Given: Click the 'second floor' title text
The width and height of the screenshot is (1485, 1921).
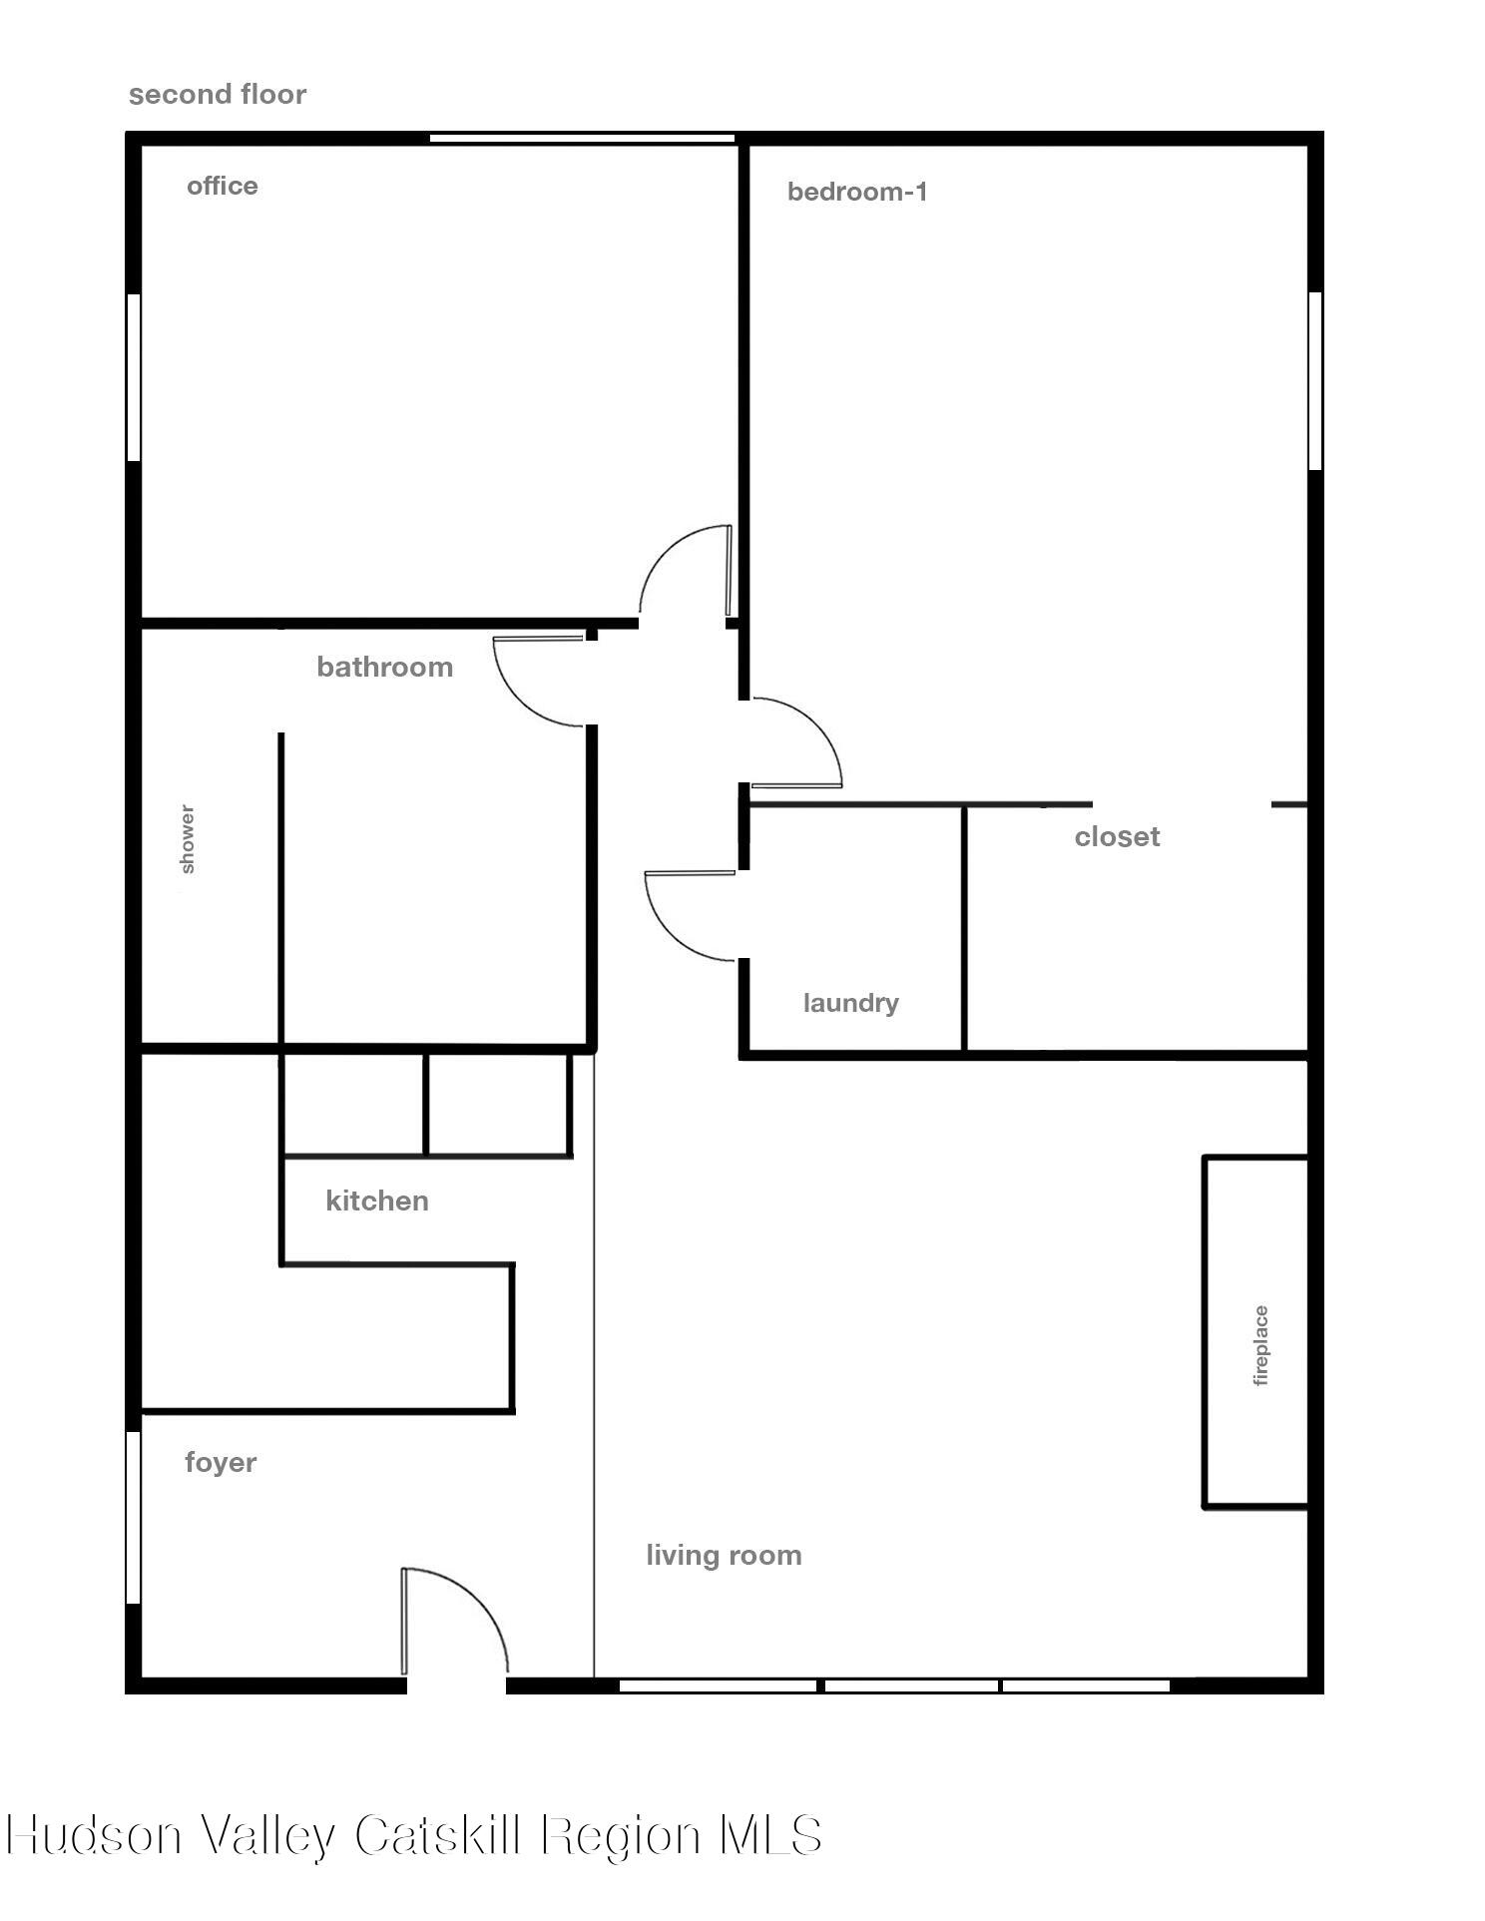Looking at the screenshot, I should pos(218,95).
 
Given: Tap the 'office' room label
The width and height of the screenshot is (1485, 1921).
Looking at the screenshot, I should pos(223,187).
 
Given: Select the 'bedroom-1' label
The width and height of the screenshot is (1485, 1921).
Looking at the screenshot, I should pos(857,192).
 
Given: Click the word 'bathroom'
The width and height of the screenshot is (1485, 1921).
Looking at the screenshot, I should pos(384,667).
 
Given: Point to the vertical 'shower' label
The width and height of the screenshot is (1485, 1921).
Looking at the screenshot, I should pos(187,839).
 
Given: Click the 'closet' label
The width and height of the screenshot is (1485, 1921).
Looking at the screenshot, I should pos(1117,836).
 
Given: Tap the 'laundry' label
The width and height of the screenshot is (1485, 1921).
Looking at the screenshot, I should pos(850,1003).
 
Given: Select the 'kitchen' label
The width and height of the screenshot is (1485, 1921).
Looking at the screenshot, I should pos(377,1201).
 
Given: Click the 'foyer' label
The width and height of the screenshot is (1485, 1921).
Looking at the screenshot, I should pos(221,1463).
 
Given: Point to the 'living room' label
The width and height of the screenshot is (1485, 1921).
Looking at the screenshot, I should pos(724,1556).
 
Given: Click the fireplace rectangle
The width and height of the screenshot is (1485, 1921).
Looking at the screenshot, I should pos(1255,1331).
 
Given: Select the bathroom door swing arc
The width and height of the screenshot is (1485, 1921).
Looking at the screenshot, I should pos(519,698).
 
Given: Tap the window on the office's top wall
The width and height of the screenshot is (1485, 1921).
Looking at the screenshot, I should pos(582,138).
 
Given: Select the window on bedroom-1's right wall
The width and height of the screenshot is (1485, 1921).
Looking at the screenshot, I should pos(1314,380).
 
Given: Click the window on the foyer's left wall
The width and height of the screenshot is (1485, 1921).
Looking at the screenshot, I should pos(133,1517).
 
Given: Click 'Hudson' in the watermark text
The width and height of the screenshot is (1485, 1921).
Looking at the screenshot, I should pos(95,1834).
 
